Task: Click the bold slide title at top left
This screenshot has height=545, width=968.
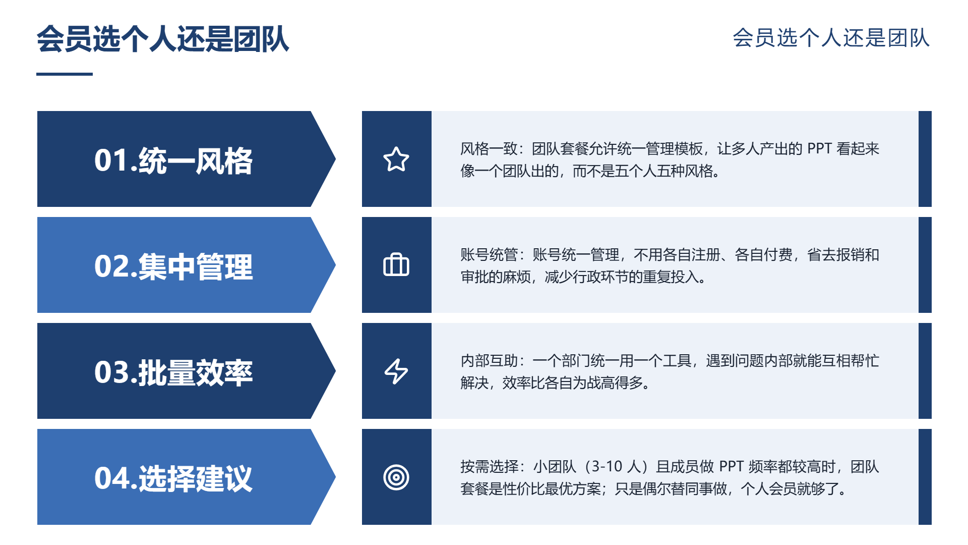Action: [x=163, y=39]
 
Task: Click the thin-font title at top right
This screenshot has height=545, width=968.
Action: [x=831, y=38]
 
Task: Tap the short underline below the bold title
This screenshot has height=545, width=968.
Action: [x=65, y=74]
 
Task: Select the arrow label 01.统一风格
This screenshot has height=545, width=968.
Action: [x=173, y=160]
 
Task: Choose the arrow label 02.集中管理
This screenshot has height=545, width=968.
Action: [x=173, y=266]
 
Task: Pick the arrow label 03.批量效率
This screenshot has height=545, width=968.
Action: [x=173, y=372]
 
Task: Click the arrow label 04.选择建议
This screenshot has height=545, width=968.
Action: [x=173, y=478]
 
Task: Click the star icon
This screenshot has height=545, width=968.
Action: [x=396, y=159]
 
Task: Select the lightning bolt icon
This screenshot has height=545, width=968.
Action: [x=396, y=371]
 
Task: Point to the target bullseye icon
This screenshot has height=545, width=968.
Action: [x=396, y=477]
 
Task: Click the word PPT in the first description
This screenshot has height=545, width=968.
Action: [x=819, y=148]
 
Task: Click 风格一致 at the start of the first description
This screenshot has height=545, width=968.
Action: [x=489, y=148]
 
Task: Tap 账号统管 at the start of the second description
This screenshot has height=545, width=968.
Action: [x=489, y=254]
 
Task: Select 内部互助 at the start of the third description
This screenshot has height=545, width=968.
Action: [x=489, y=360]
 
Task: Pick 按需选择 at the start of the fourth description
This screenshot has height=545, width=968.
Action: [x=489, y=466]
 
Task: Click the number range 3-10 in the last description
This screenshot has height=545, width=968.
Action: [x=607, y=466]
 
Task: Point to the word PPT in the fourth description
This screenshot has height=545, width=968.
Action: [x=731, y=466]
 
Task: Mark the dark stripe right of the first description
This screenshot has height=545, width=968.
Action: [x=925, y=159]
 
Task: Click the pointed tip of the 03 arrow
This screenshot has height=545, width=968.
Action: [x=335, y=371]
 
